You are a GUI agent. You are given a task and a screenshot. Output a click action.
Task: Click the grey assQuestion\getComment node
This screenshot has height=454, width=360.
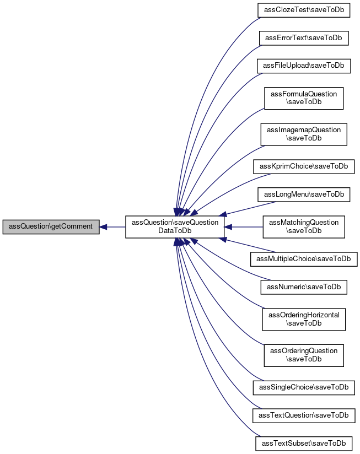tap(51, 226)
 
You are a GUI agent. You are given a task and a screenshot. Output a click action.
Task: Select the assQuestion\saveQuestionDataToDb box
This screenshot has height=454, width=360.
tap(175, 227)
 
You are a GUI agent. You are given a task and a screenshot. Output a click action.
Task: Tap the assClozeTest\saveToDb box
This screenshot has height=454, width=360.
tap(304, 10)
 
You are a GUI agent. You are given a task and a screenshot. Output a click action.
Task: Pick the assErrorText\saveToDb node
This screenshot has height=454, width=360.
tap(304, 38)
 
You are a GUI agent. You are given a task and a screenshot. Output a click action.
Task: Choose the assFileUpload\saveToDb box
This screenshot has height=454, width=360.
tap(304, 66)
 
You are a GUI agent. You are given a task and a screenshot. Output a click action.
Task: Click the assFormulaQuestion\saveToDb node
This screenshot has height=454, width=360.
tap(304, 98)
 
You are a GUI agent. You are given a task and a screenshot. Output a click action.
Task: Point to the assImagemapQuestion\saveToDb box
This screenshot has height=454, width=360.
tap(304, 134)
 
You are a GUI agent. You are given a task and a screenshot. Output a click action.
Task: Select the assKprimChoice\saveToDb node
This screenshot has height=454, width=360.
tap(304, 166)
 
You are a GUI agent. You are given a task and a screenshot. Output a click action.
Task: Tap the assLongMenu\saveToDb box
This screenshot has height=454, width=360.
tap(304, 194)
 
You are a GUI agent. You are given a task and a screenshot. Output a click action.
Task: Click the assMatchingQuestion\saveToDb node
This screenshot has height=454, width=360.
tap(304, 227)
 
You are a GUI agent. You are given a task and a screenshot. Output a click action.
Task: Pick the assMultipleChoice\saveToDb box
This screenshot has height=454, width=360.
tap(304, 259)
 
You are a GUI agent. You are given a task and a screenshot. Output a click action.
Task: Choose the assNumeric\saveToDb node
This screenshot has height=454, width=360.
tap(304, 287)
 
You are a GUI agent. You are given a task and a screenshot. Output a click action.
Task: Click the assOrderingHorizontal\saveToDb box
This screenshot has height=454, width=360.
tap(304, 320)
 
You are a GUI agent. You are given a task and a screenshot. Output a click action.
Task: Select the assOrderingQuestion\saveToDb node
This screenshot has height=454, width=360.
tap(304, 355)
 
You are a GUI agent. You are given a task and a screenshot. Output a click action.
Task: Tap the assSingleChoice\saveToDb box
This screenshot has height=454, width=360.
tap(304, 388)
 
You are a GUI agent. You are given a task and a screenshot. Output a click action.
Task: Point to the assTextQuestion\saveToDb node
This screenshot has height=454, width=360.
tap(304, 416)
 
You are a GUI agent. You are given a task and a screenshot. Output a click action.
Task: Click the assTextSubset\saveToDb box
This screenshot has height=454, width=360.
tap(304, 444)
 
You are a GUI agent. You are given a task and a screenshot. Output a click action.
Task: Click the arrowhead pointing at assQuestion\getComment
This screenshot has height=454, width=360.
tap(103, 227)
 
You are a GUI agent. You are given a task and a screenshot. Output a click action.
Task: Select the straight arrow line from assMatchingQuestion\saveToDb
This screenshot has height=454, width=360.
tap(244, 227)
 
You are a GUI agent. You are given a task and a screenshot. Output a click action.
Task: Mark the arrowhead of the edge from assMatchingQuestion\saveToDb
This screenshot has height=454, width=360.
tap(228, 227)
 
